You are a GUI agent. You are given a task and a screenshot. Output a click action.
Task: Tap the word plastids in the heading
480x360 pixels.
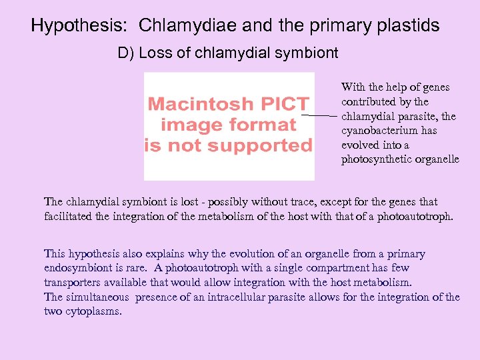coord(409,26)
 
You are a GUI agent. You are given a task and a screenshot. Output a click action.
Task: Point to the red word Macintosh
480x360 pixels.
coord(201,104)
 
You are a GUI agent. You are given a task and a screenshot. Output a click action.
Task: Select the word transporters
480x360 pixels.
coord(71,283)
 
